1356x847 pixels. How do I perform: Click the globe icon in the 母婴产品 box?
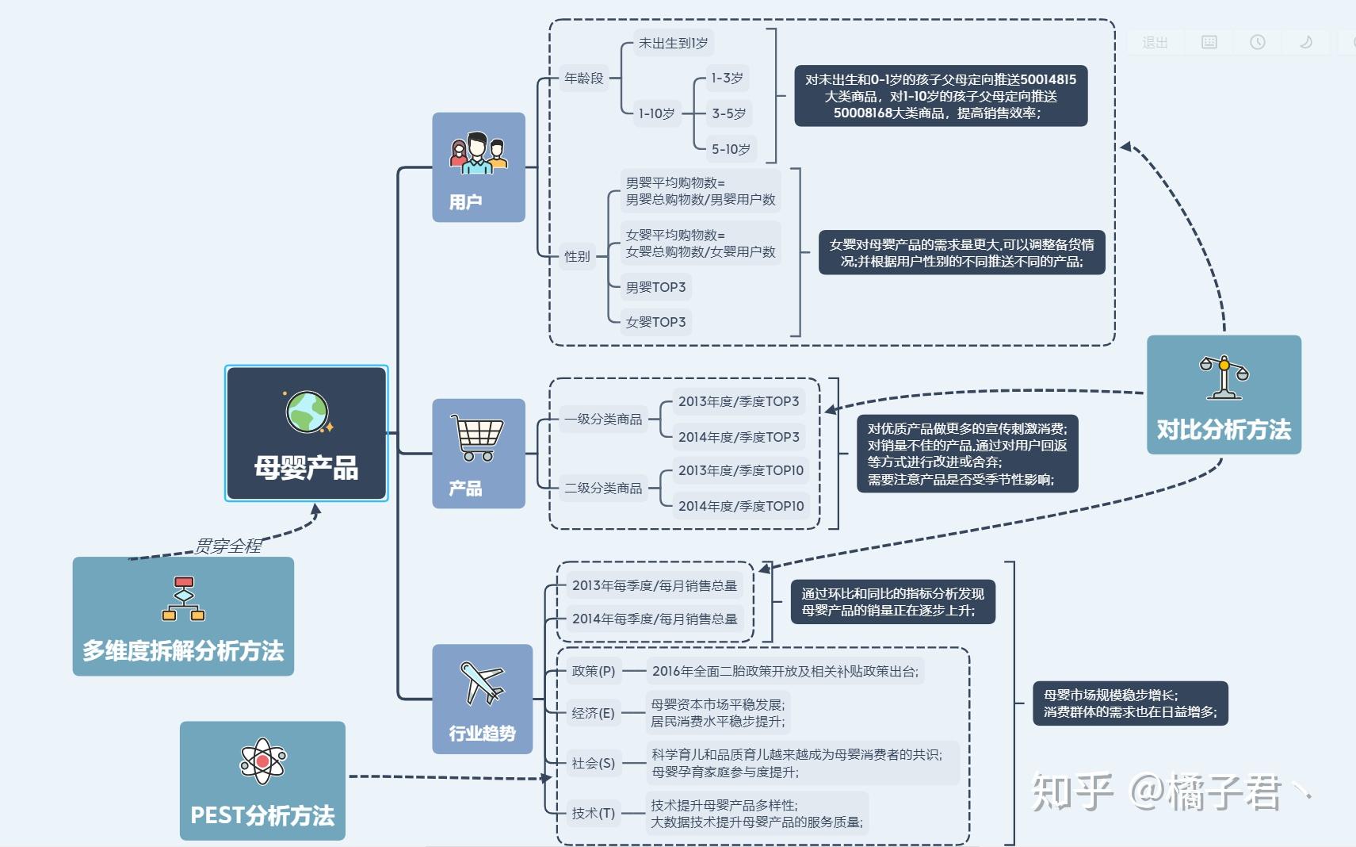click(x=307, y=412)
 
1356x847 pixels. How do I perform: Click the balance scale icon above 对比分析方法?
click(x=1224, y=378)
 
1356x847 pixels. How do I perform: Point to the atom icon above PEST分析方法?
click(x=262, y=762)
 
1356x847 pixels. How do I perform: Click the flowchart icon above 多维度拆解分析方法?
click(x=183, y=600)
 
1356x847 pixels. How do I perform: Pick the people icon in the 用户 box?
click(x=478, y=154)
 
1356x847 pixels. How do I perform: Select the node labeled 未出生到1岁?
click(x=673, y=43)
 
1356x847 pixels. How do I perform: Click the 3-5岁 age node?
click(x=728, y=113)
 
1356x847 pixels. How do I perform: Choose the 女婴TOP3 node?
click(x=655, y=322)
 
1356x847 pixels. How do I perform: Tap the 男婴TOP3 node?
click(x=655, y=287)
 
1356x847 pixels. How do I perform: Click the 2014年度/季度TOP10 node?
click(x=740, y=506)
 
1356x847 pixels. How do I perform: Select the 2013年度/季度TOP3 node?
click(x=738, y=401)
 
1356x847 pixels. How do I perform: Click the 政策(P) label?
click(x=593, y=671)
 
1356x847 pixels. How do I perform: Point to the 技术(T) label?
click(x=593, y=813)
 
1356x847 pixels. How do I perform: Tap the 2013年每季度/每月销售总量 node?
click(x=654, y=585)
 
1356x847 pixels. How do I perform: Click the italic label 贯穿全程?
click(x=228, y=546)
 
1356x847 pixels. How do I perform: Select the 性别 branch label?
click(x=577, y=256)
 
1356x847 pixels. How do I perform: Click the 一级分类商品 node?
click(x=602, y=419)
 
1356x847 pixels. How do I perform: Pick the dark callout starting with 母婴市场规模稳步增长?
click(x=1129, y=703)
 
